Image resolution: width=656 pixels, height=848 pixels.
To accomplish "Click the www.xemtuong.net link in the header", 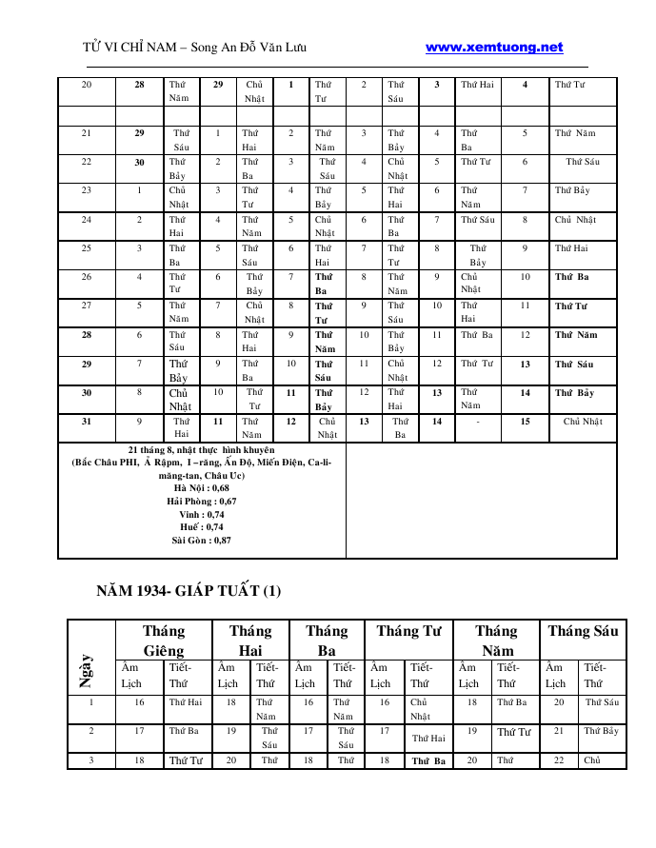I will [x=493, y=48].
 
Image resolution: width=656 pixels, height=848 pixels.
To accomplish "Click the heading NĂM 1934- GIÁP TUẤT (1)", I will [x=189, y=591].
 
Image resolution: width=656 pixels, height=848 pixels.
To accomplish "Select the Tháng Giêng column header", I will [x=163, y=641].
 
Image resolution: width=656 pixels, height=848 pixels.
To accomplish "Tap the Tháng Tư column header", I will [x=408, y=631].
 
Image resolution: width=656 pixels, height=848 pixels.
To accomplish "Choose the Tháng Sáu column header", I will [x=583, y=631].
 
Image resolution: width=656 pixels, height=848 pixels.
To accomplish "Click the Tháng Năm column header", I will [x=495, y=641].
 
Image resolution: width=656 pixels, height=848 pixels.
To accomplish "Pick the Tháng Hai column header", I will [x=249, y=641].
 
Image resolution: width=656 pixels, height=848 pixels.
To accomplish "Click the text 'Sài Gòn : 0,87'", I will [x=201, y=541].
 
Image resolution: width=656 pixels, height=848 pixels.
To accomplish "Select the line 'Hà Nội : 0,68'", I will [x=201, y=487].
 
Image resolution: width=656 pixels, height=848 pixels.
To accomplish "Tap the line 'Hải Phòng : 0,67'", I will [x=201, y=501].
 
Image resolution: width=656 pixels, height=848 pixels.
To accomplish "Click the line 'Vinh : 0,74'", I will [x=201, y=514].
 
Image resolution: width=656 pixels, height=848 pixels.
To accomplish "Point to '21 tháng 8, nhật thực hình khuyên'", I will [x=201, y=449].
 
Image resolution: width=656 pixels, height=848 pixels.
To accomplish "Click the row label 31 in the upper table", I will [x=87, y=422].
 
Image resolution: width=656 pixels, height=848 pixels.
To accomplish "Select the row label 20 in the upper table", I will [x=87, y=85].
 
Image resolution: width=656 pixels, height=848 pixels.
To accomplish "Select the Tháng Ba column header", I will [x=327, y=641].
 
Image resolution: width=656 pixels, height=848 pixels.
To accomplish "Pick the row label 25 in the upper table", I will [x=87, y=249].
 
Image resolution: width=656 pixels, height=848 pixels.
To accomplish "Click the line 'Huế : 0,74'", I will [x=201, y=527].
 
